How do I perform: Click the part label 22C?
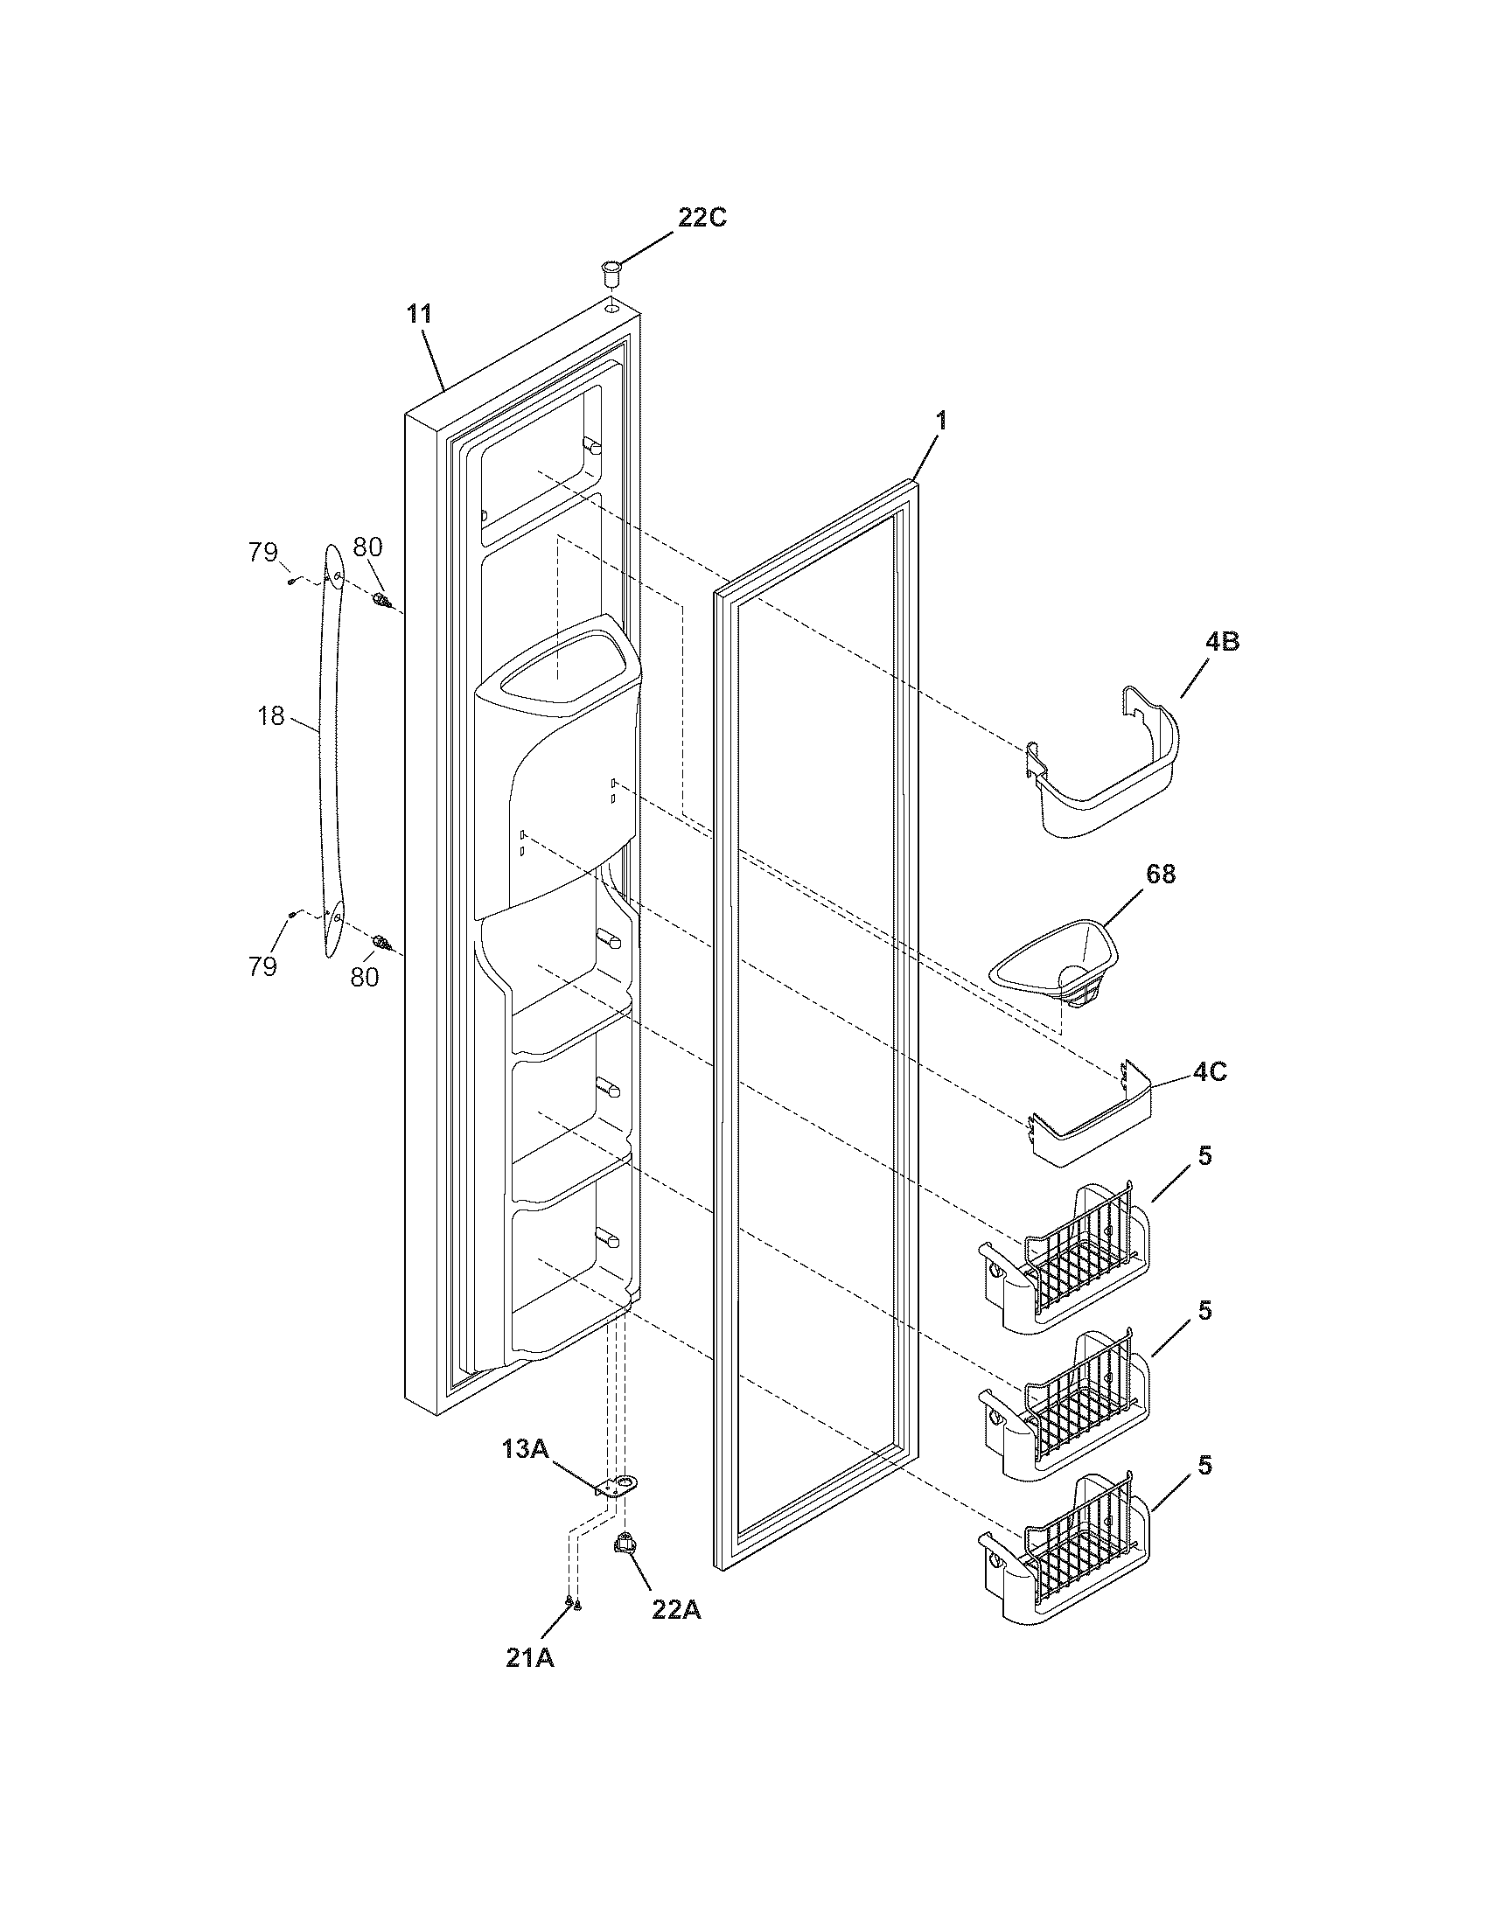[x=702, y=219]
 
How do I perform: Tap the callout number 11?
[x=420, y=315]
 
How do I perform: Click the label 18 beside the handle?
[x=271, y=717]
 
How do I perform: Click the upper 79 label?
[x=262, y=554]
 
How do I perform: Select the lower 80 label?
[x=365, y=976]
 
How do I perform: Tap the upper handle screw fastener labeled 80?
[x=380, y=601]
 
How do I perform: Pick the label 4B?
[x=1221, y=642]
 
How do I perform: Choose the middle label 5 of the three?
[x=1204, y=1310]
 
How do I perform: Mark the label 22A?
[x=676, y=1609]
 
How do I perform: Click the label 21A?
[x=529, y=1658]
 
